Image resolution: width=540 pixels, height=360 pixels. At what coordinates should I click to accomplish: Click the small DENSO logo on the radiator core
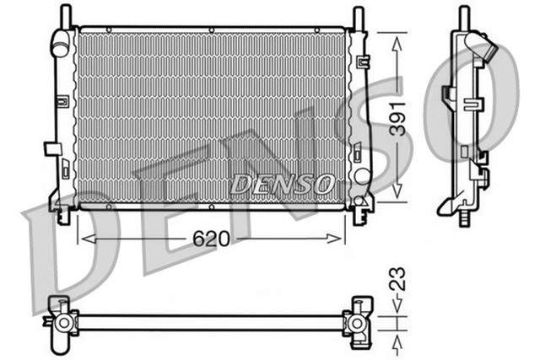282,182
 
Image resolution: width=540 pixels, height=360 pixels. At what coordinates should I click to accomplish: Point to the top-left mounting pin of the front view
63,14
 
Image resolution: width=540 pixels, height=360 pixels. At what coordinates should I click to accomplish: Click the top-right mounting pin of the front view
359,15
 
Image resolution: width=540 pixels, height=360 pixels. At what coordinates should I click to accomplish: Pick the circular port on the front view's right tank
361,175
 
